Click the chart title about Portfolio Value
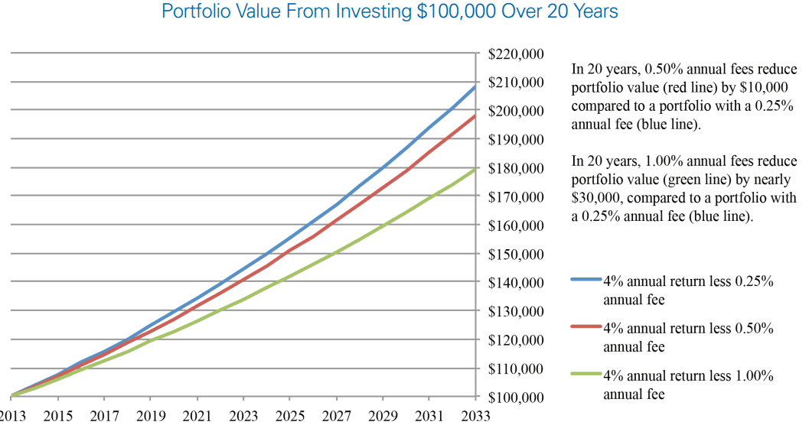click(390, 11)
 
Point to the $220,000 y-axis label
click(515, 54)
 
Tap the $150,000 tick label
click(515, 254)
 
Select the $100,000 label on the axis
click(515, 397)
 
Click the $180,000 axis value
click(515, 168)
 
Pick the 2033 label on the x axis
click(475, 416)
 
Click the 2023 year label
click(243, 416)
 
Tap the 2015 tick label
click(58, 416)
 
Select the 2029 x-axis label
click(383, 416)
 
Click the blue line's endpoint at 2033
click(475, 86)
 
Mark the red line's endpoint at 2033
click(475, 116)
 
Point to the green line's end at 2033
click(475, 169)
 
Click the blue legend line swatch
click(586, 279)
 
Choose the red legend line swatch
click(586, 326)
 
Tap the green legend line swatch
click(586, 374)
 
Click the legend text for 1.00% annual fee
click(688, 385)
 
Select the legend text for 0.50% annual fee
click(688, 338)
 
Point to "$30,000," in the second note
click(597, 198)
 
